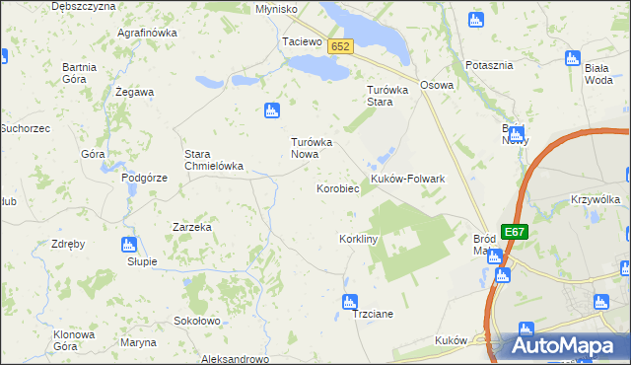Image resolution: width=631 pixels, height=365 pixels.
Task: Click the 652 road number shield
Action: [340, 46]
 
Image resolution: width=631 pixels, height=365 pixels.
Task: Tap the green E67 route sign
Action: [514, 232]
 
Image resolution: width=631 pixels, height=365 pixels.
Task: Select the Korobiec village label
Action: [336, 187]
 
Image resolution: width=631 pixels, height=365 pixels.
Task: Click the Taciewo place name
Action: [303, 42]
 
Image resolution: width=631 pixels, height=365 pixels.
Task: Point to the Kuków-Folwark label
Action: [408, 179]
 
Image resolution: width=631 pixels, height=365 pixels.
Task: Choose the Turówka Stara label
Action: [381, 95]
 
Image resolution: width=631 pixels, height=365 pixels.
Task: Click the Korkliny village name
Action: [359, 240]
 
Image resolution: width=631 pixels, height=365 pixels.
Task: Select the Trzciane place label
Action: [373, 314]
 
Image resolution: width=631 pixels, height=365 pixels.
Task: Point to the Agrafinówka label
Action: [146, 33]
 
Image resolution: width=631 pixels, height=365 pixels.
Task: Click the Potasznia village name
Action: [490, 65]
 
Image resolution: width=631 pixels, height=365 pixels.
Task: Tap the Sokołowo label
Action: [196, 321]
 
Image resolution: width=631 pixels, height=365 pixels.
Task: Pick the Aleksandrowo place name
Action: [235, 360]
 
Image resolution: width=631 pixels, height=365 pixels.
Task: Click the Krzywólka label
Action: [595, 199]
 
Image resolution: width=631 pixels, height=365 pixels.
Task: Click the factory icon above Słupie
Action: [128, 245]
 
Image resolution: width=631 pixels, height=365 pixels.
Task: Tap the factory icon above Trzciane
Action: [347, 302]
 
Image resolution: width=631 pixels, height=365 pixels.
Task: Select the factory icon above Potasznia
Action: [476, 20]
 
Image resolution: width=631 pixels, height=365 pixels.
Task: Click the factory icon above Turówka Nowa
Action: [272, 110]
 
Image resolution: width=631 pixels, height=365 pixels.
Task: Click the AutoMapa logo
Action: [565, 345]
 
